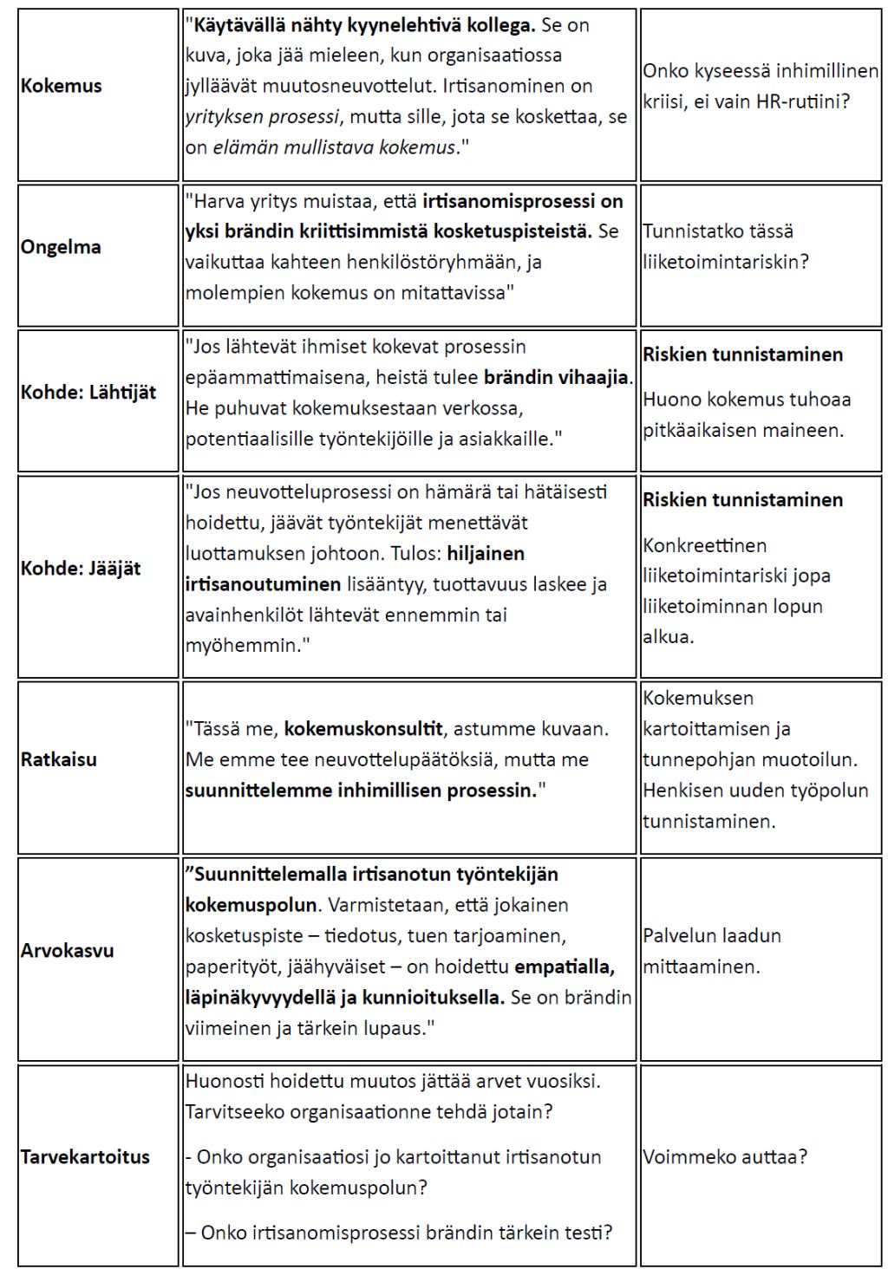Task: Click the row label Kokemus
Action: click(x=61, y=86)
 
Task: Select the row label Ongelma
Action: click(x=61, y=247)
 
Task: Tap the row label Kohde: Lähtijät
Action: click(x=88, y=392)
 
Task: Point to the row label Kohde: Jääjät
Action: click(x=81, y=569)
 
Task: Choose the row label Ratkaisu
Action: click(x=59, y=759)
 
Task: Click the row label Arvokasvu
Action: click(x=68, y=950)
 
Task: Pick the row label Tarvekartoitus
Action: click(x=85, y=1156)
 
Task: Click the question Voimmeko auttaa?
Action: click(x=725, y=1156)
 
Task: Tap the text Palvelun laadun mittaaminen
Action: click(x=712, y=951)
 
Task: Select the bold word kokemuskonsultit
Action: click(x=363, y=729)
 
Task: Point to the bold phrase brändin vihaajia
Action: click(x=558, y=377)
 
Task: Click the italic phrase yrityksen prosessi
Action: click(x=260, y=116)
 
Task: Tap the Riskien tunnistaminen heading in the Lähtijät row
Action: click(x=742, y=355)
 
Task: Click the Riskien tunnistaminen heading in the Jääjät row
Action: click(x=742, y=500)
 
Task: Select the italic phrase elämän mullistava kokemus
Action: click(x=334, y=147)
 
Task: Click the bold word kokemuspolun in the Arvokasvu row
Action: click(x=251, y=905)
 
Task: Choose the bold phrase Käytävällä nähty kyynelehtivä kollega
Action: click(x=363, y=24)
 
